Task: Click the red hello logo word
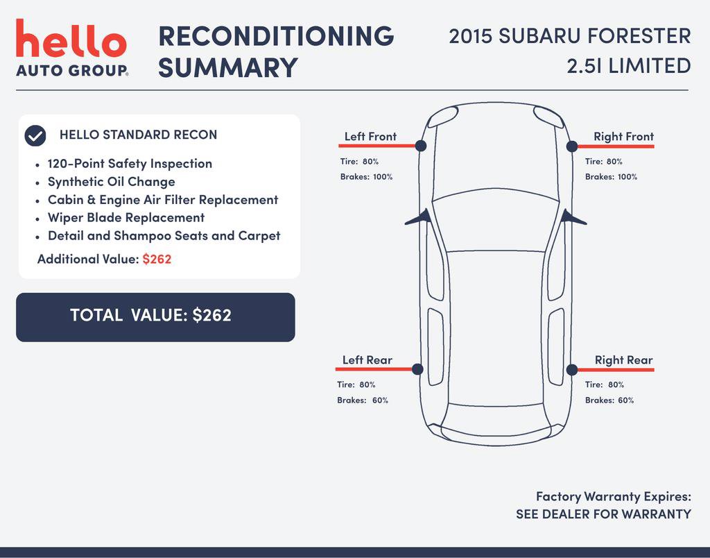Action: tap(71, 38)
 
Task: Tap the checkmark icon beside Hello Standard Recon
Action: tap(35, 135)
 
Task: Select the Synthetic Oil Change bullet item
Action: tap(112, 182)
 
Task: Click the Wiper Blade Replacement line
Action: tap(126, 218)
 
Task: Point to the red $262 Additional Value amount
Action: tap(157, 260)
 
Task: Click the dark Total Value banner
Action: tap(155, 317)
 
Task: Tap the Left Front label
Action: tap(370, 137)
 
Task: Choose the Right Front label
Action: tap(623, 137)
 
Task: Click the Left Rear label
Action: tap(367, 360)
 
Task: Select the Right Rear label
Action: tap(623, 360)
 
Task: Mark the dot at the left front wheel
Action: tap(421, 146)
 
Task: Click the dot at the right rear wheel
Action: tap(572, 369)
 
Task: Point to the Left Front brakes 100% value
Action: tap(383, 177)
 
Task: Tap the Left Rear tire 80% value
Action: tap(367, 384)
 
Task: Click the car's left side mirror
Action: tap(419, 218)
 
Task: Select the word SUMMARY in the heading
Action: tap(227, 67)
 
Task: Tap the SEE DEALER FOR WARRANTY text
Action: tap(604, 514)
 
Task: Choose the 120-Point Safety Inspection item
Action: tap(130, 164)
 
